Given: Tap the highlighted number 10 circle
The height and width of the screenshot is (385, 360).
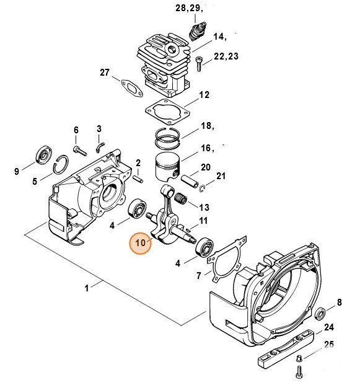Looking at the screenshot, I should coord(140,243).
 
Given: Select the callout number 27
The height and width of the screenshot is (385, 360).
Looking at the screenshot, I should coord(105,73).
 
